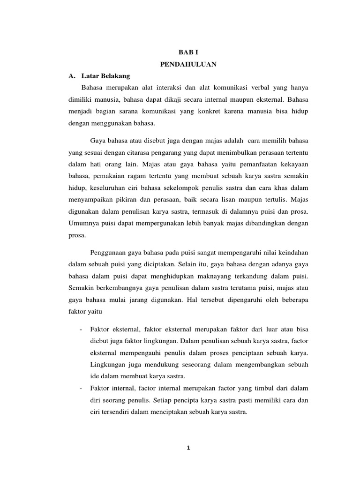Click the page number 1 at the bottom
coord(188,447)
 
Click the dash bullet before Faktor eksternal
coord(82,330)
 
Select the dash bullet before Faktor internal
coord(82,389)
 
